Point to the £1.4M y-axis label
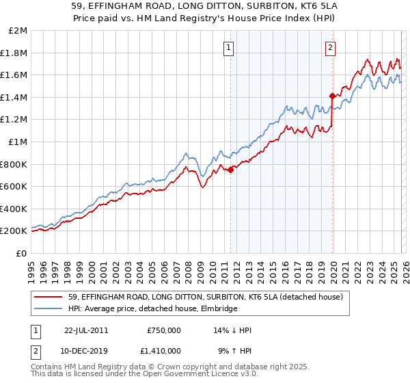point(14,97)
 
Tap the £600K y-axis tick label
point(14,186)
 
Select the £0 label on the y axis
point(22,253)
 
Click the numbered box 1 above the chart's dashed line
point(228,47)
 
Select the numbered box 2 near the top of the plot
point(330,47)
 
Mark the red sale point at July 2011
point(231,170)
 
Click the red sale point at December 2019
point(332,96)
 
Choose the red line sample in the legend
point(49,297)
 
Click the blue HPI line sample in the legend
point(49,309)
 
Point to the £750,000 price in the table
point(164,330)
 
